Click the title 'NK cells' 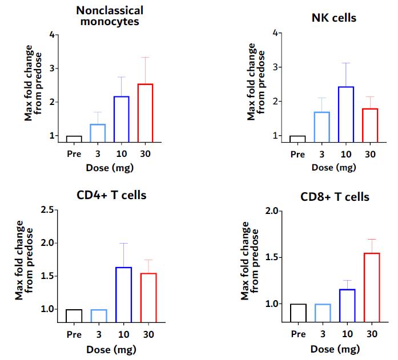[x=334, y=18]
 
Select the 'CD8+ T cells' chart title [x=335, y=197]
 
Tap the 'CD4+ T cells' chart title [x=111, y=196]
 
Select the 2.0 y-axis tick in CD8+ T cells [x=275, y=212]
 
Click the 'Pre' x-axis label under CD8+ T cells [x=298, y=334]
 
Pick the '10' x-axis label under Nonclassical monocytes [x=121, y=155]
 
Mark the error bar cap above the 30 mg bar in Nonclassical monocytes [x=145, y=57]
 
